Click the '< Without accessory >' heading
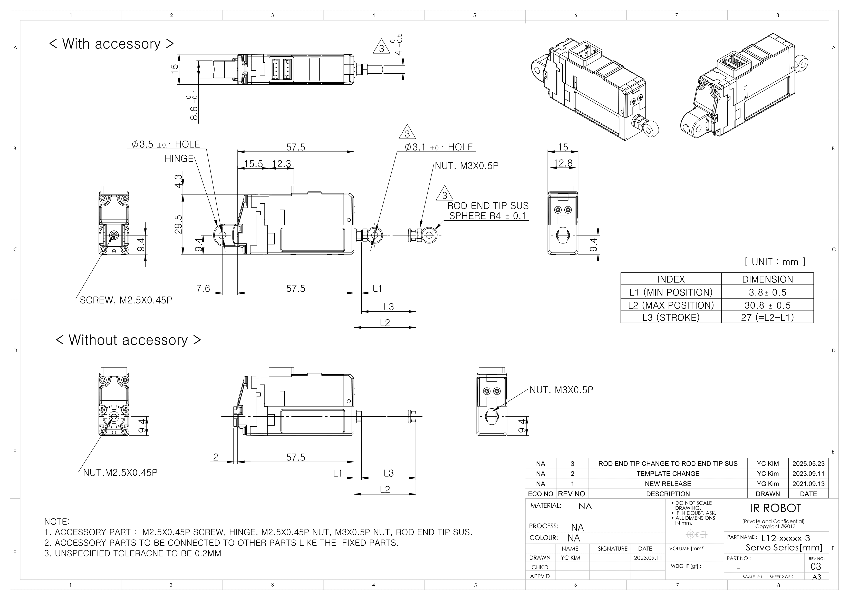pyautogui.click(x=128, y=340)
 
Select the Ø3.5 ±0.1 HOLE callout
pyautogui.click(x=166, y=144)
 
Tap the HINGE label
pyautogui.click(x=179, y=159)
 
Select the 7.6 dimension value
pyautogui.click(x=203, y=288)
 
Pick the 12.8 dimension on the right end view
pyautogui.click(x=563, y=163)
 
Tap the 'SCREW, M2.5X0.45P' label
pyautogui.click(x=126, y=300)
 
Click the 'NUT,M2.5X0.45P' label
pyautogui.click(x=120, y=473)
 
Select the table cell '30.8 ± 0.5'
pyautogui.click(x=767, y=305)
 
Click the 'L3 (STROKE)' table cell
pyautogui.click(x=671, y=318)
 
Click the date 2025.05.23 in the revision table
pyautogui.click(x=808, y=464)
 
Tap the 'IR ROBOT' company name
pyautogui.click(x=775, y=508)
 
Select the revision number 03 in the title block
pyautogui.click(x=815, y=567)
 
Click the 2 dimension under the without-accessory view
pyautogui.click(x=216, y=457)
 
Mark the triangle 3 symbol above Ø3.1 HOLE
pyautogui.click(x=407, y=133)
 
